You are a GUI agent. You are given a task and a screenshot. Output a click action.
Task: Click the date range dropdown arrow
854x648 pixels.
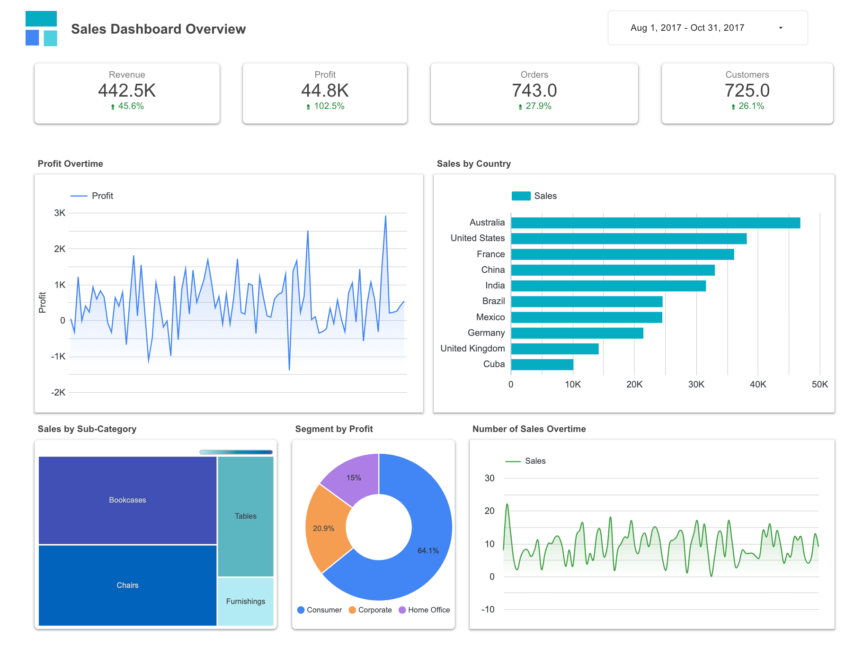[x=781, y=28]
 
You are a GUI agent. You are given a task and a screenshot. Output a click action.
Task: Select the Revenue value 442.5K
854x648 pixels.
[x=127, y=90]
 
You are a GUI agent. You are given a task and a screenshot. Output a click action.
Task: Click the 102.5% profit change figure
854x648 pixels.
[x=329, y=106]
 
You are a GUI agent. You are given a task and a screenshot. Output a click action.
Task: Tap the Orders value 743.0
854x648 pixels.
[x=534, y=90]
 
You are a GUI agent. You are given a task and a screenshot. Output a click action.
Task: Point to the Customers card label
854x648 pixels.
[x=747, y=75]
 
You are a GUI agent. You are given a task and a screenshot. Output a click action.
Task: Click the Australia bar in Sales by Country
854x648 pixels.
[x=655, y=223]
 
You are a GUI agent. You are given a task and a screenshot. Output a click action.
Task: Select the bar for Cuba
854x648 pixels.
[x=542, y=364]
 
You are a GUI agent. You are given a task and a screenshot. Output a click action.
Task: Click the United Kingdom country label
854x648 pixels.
[x=472, y=349]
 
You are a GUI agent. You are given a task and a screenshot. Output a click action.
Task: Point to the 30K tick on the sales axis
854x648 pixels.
[x=696, y=385]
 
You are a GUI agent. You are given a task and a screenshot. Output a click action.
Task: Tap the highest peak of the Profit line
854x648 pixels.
[x=385, y=217]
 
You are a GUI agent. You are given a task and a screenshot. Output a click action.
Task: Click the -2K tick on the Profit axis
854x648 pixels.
[x=59, y=392]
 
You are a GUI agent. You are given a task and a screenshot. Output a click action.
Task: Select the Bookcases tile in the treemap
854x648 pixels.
[x=127, y=500]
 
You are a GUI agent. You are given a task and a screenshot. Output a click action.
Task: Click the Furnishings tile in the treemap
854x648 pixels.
[x=245, y=601]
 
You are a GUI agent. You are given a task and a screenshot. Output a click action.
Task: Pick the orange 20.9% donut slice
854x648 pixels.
[x=326, y=528]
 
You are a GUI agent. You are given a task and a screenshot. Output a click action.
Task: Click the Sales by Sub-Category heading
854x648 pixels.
[x=87, y=429]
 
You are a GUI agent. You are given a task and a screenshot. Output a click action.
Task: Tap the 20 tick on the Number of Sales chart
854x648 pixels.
[x=489, y=511]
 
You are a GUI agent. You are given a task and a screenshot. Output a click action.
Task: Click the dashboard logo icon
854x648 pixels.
[x=41, y=28]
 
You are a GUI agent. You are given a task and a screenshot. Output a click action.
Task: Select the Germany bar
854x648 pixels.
[x=577, y=333]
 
